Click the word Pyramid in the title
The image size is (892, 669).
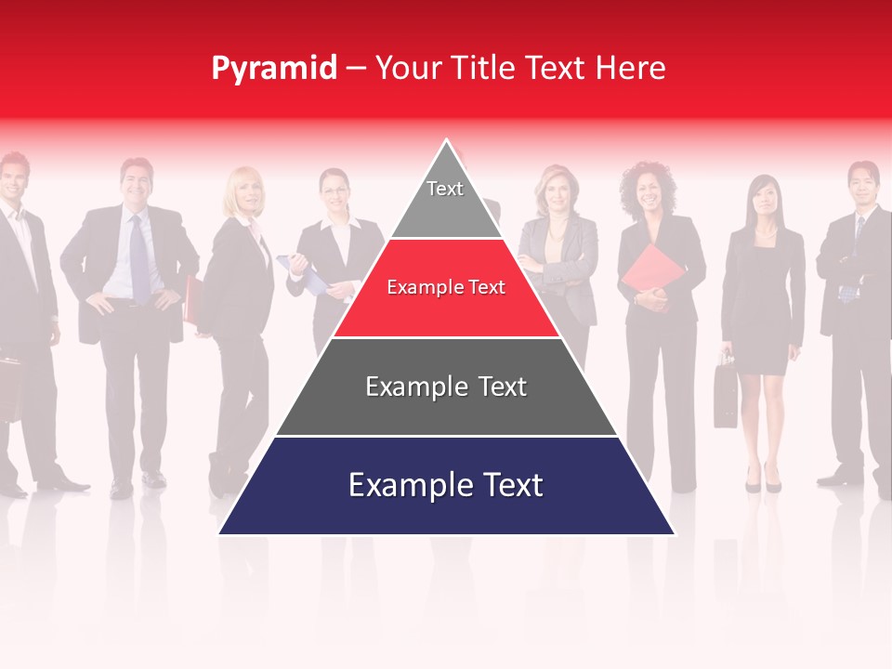(x=274, y=68)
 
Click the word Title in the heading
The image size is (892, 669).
(x=484, y=68)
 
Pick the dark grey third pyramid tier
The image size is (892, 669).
(x=446, y=409)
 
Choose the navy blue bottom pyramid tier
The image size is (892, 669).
(x=446, y=506)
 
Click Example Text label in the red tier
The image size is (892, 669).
(x=446, y=287)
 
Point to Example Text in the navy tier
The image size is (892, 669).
(x=446, y=485)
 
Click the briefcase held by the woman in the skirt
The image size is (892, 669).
(x=725, y=395)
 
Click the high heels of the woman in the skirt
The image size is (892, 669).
(x=762, y=481)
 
